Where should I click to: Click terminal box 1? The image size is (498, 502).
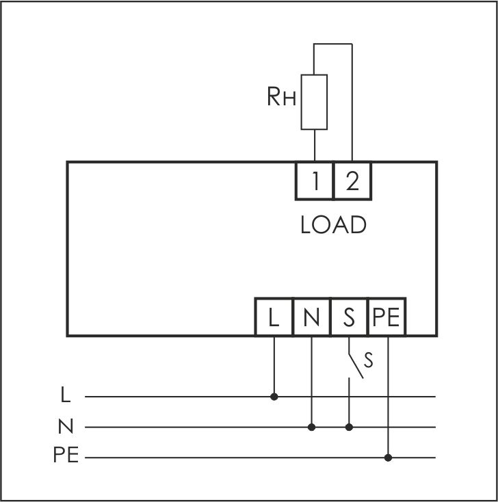coord(315,181)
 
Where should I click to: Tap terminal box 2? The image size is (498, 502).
coord(352,181)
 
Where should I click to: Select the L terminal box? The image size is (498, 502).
coord(274,317)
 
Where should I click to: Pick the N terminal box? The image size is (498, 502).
coord(311,317)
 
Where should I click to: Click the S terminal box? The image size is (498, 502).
coord(349,317)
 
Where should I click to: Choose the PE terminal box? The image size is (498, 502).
coord(386,317)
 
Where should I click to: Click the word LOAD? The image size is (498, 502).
coord(333,225)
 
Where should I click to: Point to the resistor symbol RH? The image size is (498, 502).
coord(314,102)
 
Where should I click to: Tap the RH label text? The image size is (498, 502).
coord(281,98)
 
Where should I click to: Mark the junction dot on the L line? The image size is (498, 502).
coord(274,396)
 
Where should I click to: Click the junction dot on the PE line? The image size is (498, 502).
coord(389,457)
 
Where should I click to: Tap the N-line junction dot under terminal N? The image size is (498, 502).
coord(311,427)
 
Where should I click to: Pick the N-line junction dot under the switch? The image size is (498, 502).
coord(349,427)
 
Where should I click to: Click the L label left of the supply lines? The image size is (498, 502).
coord(65,395)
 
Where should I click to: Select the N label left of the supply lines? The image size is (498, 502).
coord(65,427)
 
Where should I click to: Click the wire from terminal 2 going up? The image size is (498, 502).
coord(352,103)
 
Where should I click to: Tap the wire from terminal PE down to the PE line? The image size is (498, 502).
coord(389,397)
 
